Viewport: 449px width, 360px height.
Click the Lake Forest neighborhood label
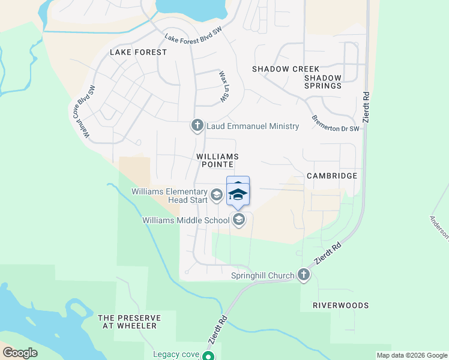pyautogui.click(x=138, y=52)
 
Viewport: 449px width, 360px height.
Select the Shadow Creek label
pyautogui.click(x=286, y=69)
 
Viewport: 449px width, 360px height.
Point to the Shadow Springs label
pyautogui.click(x=323, y=82)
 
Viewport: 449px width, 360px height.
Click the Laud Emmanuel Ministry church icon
pyautogui.click(x=197, y=125)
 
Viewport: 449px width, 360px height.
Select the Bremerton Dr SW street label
pyautogui.click(x=335, y=121)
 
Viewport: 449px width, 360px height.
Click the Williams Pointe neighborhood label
pyautogui.click(x=214, y=160)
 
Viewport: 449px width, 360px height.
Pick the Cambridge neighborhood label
pyautogui.click(x=332, y=176)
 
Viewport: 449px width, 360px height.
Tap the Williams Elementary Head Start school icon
pyautogui.click(x=217, y=195)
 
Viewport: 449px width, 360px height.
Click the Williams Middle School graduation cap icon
pyautogui.click(x=239, y=220)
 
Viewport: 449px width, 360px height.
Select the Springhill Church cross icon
pyautogui.click(x=304, y=275)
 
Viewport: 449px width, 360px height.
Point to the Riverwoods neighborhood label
pyautogui.click(x=341, y=305)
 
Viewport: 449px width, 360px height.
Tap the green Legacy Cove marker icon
pyautogui.click(x=208, y=356)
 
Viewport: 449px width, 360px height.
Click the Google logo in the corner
pyautogui.click(x=20, y=353)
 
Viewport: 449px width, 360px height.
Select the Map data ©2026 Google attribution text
pyautogui.click(x=411, y=355)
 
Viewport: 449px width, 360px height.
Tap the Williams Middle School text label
pyautogui.click(x=186, y=220)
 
